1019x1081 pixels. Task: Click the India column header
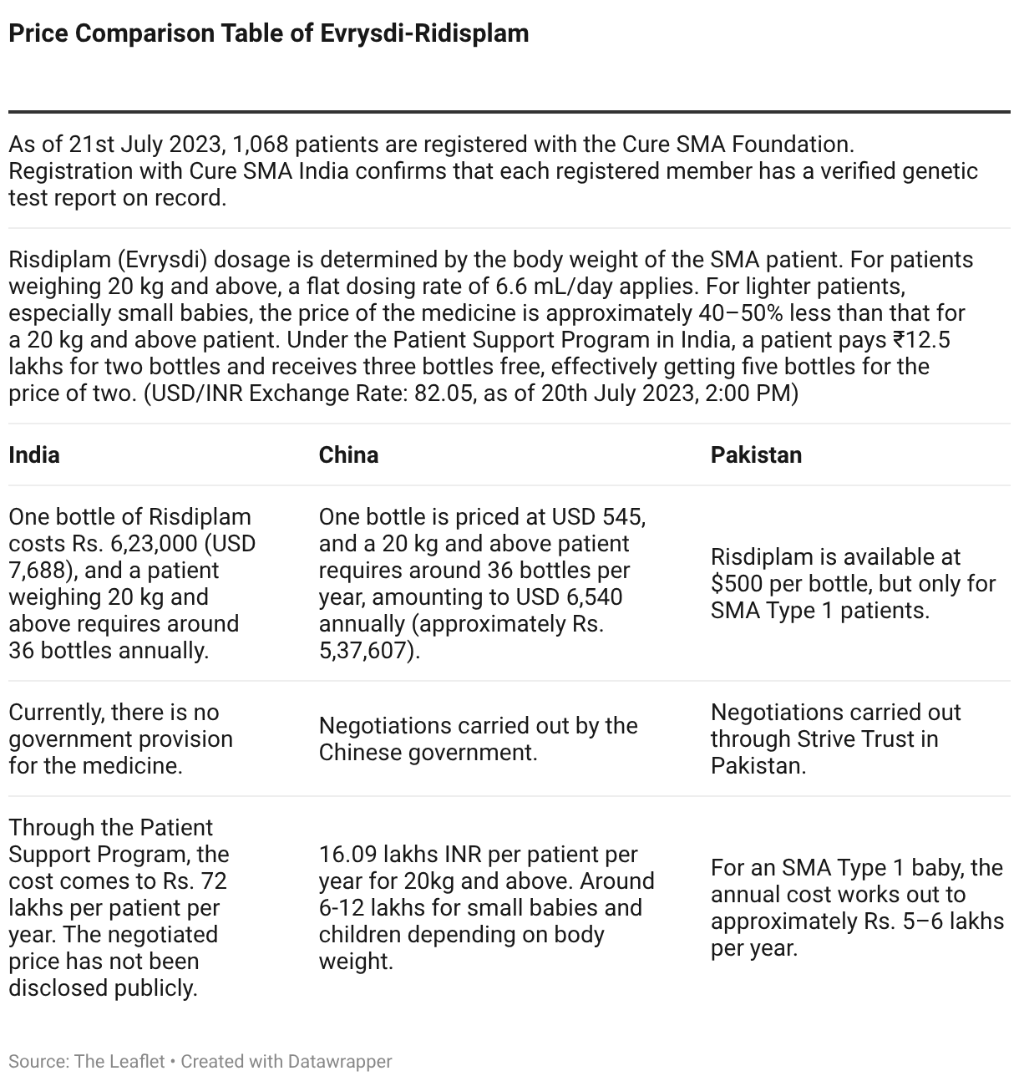coord(34,454)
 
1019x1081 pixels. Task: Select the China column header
coord(348,454)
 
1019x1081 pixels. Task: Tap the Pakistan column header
coord(756,454)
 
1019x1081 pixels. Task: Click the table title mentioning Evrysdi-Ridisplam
coord(268,33)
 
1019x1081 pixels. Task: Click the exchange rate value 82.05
coord(439,393)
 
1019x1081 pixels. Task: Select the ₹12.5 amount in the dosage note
coord(921,340)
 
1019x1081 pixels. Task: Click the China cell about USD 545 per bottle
coord(482,583)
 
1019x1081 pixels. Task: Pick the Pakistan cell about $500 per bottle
coord(852,583)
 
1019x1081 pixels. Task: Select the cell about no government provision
coord(121,738)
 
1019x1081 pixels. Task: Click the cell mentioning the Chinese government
coord(478,738)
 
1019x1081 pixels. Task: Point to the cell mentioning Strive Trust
coord(835,738)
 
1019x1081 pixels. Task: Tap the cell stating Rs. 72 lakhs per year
coord(119,907)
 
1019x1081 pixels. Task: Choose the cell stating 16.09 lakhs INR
coord(486,907)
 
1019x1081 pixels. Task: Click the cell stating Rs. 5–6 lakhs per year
coord(856,907)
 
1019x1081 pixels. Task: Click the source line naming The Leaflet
coord(87,1061)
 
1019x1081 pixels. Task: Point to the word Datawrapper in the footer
coord(339,1061)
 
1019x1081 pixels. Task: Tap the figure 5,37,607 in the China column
coord(367,651)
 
